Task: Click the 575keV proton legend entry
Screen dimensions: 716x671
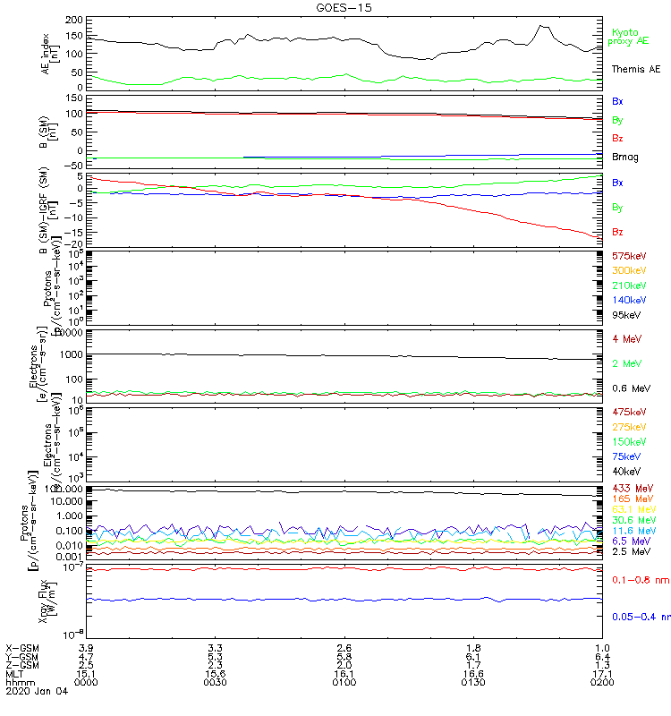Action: click(x=629, y=255)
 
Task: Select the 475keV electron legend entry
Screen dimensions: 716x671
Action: click(x=629, y=411)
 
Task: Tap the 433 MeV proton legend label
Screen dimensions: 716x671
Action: click(x=632, y=488)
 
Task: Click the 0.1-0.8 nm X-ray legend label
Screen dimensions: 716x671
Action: click(x=637, y=580)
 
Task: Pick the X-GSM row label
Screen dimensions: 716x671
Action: click(x=22, y=647)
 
